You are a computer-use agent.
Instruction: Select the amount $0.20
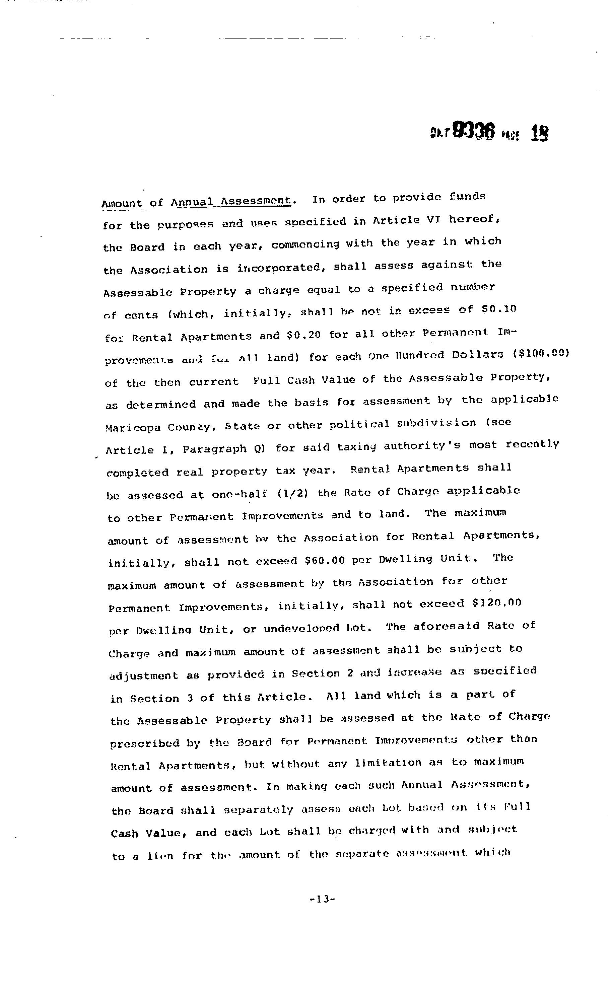tap(303, 335)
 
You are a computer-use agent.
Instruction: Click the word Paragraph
tap(214, 449)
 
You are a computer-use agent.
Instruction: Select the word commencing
tap(305, 244)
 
